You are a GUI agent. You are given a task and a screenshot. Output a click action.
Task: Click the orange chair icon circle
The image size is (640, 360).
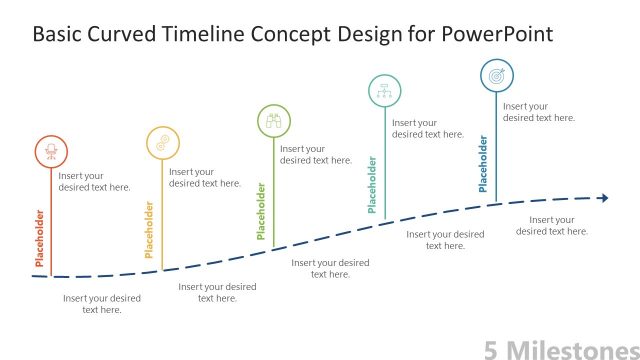point(50,151)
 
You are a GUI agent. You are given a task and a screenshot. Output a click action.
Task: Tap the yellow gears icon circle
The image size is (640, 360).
point(162,142)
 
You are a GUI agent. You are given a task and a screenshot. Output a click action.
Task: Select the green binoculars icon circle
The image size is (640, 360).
point(274,121)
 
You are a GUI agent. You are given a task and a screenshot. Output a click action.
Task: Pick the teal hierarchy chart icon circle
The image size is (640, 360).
point(385,91)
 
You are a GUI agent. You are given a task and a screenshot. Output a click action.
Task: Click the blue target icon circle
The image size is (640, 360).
point(497,75)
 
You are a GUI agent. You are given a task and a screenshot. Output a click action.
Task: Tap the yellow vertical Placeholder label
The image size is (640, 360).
point(150,230)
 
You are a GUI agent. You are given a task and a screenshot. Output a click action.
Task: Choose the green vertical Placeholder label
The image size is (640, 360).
point(262,211)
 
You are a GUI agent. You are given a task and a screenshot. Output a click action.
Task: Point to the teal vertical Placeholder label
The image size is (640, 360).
point(372,184)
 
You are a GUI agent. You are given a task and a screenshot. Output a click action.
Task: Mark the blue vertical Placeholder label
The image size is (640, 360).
point(483,164)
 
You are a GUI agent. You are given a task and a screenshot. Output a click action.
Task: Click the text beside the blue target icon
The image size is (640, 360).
point(538,112)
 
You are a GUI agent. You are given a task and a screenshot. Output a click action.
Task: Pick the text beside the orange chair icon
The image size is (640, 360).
point(94,181)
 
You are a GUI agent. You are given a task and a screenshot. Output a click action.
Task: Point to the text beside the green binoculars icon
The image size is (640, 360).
point(316,154)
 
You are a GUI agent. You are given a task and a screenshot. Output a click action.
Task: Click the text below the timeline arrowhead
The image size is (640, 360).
point(552,225)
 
